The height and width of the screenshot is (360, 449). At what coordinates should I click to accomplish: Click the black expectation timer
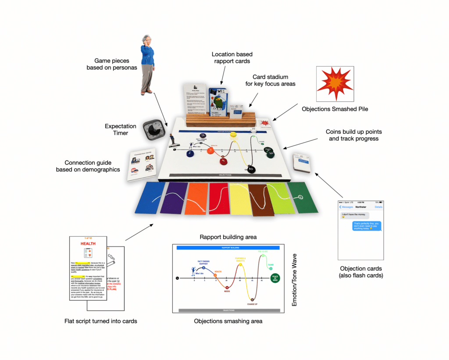(x=154, y=129)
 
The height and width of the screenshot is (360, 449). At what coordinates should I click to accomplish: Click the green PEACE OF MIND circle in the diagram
(x=275, y=278)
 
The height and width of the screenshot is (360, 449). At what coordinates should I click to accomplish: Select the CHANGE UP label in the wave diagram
(x=252, y=303)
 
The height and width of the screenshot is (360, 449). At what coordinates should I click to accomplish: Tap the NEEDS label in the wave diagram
(x=227, y=290)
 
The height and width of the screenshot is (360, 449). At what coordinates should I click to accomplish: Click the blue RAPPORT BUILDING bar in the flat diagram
(x=228, y=248)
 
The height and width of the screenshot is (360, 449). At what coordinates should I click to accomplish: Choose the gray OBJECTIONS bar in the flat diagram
(x=228, y=310)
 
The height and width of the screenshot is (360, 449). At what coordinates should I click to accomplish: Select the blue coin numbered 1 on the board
(x=190, y=153)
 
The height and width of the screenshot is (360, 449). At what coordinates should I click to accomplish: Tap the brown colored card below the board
(x=261, y=200)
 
